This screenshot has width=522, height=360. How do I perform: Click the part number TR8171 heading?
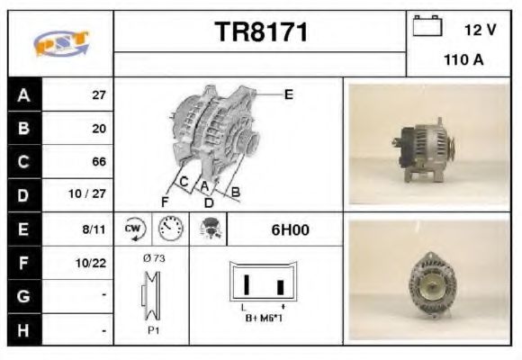(x=262, y=32)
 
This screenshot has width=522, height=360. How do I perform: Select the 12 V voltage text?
(x=479, y=30)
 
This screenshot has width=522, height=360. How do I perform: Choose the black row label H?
(x=23, y=330)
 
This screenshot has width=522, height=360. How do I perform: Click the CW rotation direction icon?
(x=133, y=229)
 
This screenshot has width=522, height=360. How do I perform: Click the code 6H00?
(x=290, y=229)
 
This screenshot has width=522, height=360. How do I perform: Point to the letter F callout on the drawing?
(x=166, y=200)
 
